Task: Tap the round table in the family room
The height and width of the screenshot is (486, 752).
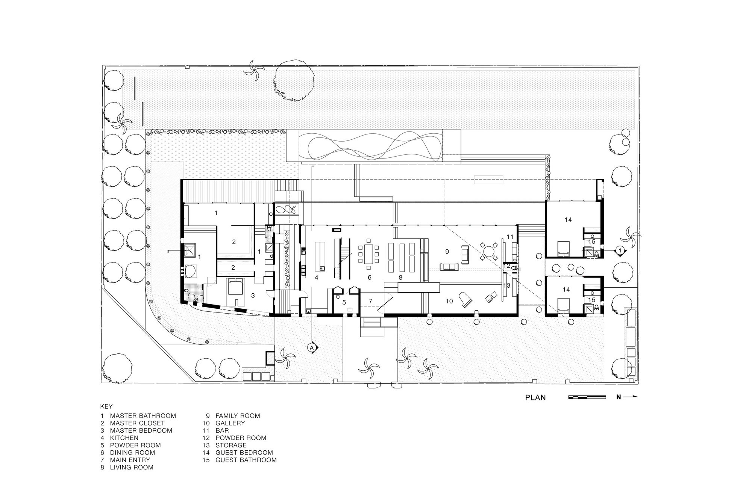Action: (x=488, y=250)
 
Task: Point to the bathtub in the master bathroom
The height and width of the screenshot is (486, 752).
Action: (x=191, y=271)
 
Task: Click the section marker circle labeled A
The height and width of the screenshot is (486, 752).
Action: (x=312, y=348)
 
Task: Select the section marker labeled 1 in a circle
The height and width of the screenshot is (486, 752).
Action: (x=620, y=250)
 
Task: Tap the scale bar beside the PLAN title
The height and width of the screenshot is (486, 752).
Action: (x=587, y=397)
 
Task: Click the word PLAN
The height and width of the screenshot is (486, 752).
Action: (x=535, y=397)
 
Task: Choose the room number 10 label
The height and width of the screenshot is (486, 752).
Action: (x=449, y=301)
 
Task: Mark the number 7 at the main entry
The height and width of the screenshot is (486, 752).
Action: (x=370, y=301)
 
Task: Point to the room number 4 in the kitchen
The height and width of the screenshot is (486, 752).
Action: (x=317, y=278)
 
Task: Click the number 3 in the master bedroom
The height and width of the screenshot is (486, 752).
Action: (x=253, y=296)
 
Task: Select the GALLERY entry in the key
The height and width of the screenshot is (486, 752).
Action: (x=230, y=423)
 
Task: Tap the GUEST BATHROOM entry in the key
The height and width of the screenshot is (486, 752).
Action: (x=246, y=460)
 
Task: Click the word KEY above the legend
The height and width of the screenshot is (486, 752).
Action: (x=106, y=406)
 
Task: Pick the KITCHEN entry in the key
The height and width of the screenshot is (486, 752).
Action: (x=124, y=438)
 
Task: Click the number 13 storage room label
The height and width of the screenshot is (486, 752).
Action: (x=506, y=285)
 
